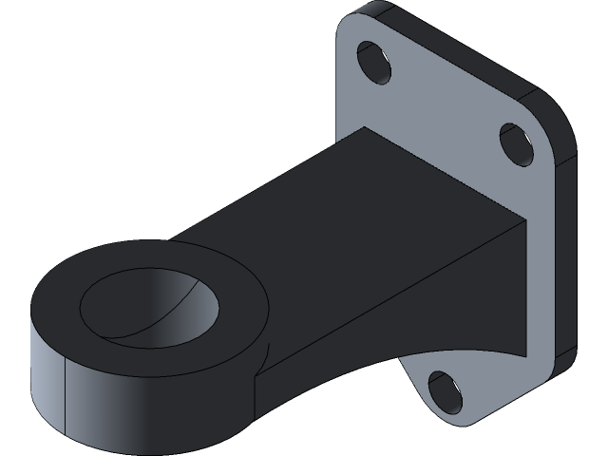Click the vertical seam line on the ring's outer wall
tap(63, 389)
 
